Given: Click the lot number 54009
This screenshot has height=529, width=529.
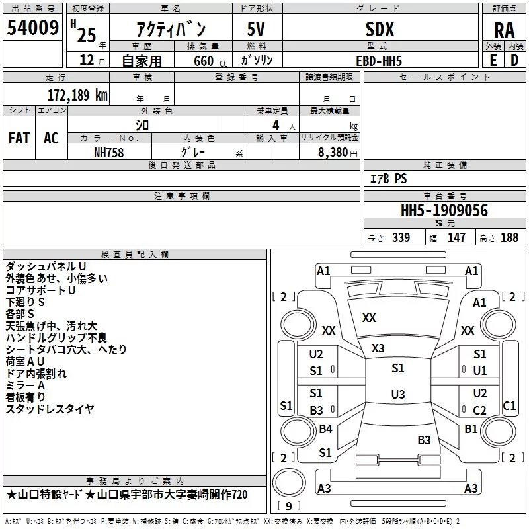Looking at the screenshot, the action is (x=32, y=28).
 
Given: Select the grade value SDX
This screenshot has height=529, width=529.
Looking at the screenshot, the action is (x=380, y=29).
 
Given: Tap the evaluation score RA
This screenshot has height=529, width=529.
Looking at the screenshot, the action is (x=505, y=30).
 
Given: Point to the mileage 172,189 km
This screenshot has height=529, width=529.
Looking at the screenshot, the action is (x=77, y=95).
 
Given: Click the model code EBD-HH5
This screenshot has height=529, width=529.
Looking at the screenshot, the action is (x=379, y=61).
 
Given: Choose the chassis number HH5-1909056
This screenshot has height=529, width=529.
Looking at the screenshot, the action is (x=444, y=210).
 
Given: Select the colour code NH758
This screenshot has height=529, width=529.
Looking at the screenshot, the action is (x=108, y=153).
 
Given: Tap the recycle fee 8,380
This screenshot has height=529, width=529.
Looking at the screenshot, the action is (x=333, y=153).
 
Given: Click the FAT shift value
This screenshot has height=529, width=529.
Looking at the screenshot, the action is (x=19, y=138).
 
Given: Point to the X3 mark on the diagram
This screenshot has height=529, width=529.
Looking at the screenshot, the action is (x=378, y=348).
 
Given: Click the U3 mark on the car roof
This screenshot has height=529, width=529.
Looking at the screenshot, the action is (x=398, y=394).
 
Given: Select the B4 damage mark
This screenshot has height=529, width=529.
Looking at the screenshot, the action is (x=325, y=428).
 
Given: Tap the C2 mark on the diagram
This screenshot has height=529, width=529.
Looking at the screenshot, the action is (x=479, y=410).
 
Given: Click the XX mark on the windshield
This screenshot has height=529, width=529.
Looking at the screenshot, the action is (x=369, y=318).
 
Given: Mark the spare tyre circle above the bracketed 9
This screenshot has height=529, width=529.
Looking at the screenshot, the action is (x=289, y=483).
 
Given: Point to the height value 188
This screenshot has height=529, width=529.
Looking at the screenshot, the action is (x=509, y=237).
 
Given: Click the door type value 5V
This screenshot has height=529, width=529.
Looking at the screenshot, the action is (x=256, y=29).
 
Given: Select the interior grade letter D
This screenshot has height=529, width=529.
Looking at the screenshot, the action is (x=514, y=60).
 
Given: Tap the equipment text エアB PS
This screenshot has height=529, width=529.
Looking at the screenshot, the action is (x=389, y=179).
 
